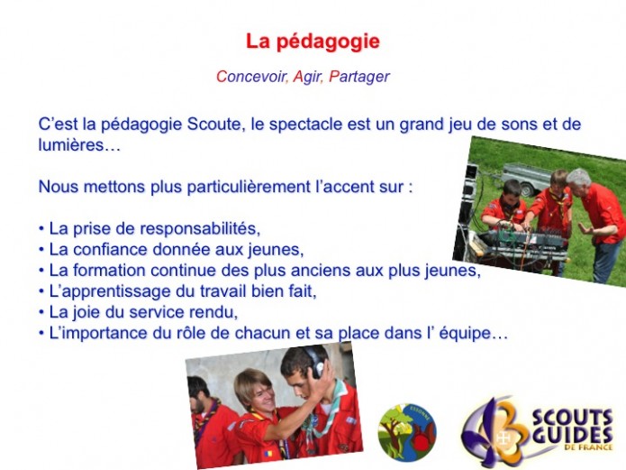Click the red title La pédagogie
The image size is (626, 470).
click(x=313, y=41)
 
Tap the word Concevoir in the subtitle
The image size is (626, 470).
click(x=251, y=77)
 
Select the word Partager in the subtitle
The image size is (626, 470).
click(x=358, y=77)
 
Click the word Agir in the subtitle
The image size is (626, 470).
click(x=307, y=77)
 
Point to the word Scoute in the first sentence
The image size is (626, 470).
click(x=215, y=124)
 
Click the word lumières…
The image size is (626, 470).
click(x=79, y=145)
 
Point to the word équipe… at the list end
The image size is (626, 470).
click(x=474, y=333)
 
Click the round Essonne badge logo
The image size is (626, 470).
click(x=407, y=432)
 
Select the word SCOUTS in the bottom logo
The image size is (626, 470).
click(x=573, y=419)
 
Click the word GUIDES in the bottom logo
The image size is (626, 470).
click(x=573, y=435)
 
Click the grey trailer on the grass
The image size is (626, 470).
click(x=524, y=177)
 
